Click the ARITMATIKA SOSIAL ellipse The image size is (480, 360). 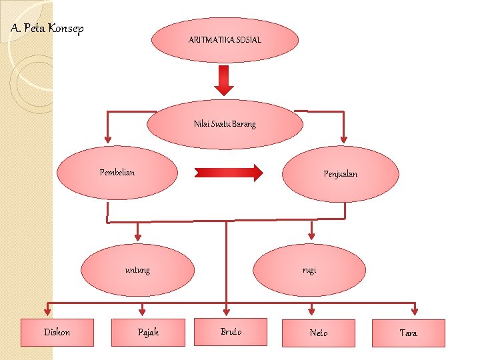(225, 40)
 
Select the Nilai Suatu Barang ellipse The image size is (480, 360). (225, 124)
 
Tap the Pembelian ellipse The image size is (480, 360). (117, 173)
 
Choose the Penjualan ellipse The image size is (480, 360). (341, 174)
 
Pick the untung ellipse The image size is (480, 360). (137, 270)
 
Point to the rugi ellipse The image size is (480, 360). (309, 270)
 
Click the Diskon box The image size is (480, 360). (57, 333)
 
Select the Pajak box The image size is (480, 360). (148, 333)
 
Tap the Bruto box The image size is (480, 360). (231, 332)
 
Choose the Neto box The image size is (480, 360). (319, 333)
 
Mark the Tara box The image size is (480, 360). (409, 333)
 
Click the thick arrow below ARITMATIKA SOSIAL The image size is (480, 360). (224, 80)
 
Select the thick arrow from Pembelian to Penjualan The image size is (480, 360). (229, 173)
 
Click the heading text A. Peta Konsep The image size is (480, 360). (47, 29)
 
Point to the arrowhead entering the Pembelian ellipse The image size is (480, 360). (107, 139)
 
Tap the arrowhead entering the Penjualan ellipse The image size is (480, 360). (343, 139)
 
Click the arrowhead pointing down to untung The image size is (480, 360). (138, 237)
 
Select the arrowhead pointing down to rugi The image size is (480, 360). (311, 236)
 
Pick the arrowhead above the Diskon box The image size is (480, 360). (47, 311)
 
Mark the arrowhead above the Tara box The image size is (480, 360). (415, 311)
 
